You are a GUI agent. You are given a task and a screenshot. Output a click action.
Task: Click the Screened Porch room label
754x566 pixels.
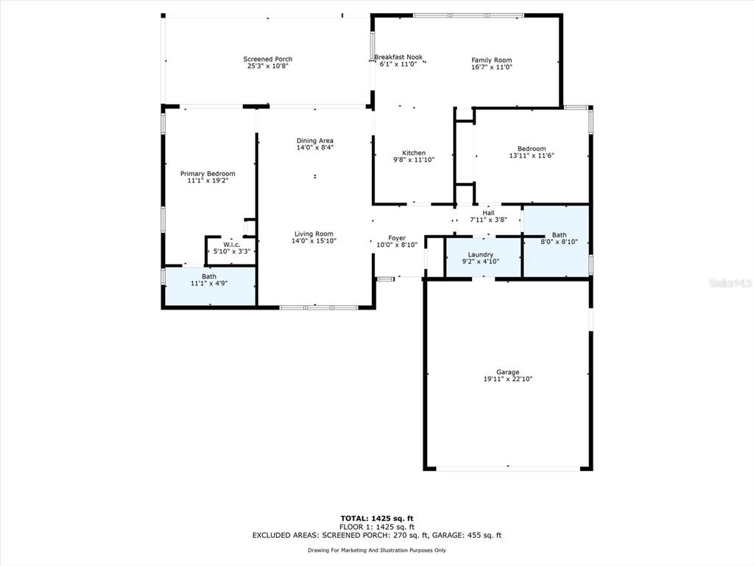pos(268,59)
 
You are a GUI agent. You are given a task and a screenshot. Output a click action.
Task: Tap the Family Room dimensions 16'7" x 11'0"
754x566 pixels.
pos(491,67)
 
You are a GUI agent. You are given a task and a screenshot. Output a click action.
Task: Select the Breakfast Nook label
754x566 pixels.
pos(398,57)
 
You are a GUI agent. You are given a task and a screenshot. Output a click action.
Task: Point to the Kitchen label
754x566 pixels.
pos(414,153)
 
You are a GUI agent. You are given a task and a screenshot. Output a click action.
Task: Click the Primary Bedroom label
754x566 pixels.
pos(208,174)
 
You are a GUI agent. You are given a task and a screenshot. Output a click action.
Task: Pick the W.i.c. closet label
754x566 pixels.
pos(232,245)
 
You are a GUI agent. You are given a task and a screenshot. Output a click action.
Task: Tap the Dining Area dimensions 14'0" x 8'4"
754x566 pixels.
pos(315,147)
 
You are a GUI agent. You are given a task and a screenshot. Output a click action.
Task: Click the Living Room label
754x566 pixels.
pos(314,234)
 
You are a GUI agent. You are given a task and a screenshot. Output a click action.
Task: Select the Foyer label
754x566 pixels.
pos(397,238)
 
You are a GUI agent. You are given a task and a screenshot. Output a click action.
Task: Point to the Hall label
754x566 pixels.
pos(489,213)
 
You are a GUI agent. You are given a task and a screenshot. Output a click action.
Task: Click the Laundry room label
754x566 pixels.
pos(480,254)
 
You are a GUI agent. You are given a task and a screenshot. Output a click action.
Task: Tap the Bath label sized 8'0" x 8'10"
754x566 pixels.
pos(560,235)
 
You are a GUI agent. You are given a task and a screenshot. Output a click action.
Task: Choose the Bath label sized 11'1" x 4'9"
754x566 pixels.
pos(209,276)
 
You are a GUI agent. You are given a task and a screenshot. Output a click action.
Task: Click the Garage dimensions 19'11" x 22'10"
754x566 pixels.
pos(508,379)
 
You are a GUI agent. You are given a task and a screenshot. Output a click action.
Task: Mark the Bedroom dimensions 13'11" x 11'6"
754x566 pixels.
pos(532,156)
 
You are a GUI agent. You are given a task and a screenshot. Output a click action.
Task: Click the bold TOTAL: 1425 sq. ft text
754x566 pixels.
pos(377,518)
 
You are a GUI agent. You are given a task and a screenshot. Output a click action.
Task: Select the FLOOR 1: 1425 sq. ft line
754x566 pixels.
pos(377,527)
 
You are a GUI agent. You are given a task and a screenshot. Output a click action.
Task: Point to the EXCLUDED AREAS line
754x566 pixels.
pos(377,535)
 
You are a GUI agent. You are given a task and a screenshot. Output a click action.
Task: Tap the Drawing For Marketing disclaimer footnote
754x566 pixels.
pos(377,550)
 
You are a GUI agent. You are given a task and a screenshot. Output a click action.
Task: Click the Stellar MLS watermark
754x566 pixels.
pos(730,284)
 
